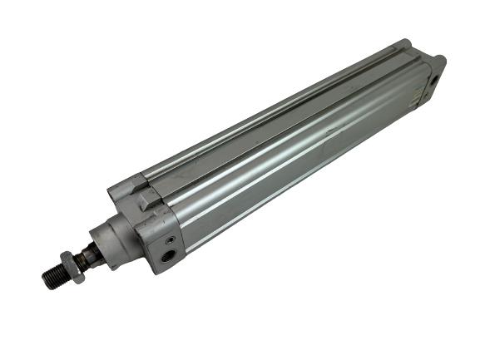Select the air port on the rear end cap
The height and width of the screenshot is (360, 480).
pos(433,80)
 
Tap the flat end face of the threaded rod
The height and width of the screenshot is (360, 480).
pos(44,276)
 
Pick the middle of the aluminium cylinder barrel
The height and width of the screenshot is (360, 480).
pos(291,150)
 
